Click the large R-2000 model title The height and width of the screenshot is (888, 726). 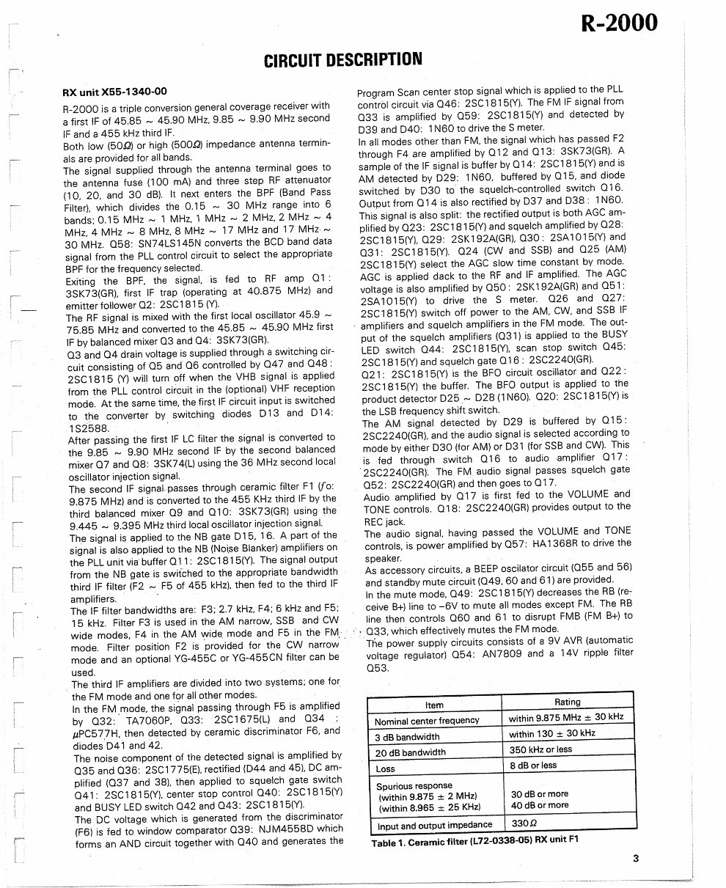pos(620,23)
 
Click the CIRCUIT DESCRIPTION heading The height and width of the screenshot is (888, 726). pos(342,60)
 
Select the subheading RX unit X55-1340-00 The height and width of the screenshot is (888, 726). pos(114,92)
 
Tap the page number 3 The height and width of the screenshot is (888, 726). pos(636,859)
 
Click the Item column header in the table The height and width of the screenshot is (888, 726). pos(434,705)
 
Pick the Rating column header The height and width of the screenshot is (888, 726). pos(567,702)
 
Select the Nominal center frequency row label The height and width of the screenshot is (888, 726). pos(426,721)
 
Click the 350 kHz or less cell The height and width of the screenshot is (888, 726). pos(540,750)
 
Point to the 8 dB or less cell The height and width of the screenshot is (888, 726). pos(533,766)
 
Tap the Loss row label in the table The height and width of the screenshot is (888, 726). pos(385,769)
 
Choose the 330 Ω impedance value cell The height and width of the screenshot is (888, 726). pos(524,823)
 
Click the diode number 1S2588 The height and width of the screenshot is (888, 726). pos(88,428)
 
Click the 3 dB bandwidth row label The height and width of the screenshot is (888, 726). pos(408,737)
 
